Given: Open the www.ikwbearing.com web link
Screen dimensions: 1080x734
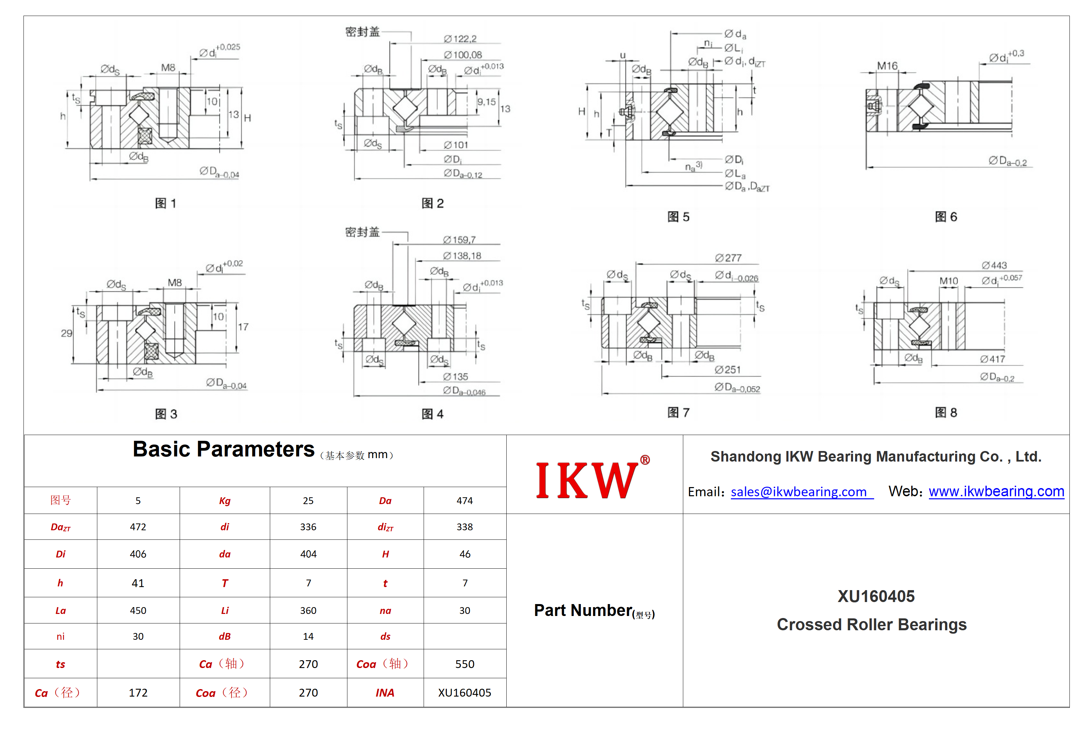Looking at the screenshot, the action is click(x=996, y=491).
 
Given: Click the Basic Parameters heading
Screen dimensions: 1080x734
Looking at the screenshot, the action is click(x=224, y=449).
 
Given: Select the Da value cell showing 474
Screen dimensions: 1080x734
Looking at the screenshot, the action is click(x=465, y=500).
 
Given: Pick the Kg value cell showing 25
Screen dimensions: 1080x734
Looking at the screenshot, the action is click(x=308, y=500).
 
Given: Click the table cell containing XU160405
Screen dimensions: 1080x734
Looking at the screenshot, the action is click(x=465, y=693).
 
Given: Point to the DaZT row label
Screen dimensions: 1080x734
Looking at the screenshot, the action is click(x=61, y=527).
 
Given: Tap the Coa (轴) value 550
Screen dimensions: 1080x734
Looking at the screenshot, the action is click(x=465, y=664).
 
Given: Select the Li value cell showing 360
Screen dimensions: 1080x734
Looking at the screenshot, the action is click(x=308, y=611).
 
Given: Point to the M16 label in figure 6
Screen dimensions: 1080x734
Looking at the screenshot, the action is click(x=887, y=66).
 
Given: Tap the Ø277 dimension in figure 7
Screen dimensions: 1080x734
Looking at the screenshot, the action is click(x=728, y=258).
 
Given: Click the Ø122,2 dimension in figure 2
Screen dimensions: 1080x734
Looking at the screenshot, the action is click(x=460, y=38).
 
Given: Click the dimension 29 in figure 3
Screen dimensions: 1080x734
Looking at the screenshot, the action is click(x=66, y=333).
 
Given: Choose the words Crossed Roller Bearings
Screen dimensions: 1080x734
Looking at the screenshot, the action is click(x=872, y=624).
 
